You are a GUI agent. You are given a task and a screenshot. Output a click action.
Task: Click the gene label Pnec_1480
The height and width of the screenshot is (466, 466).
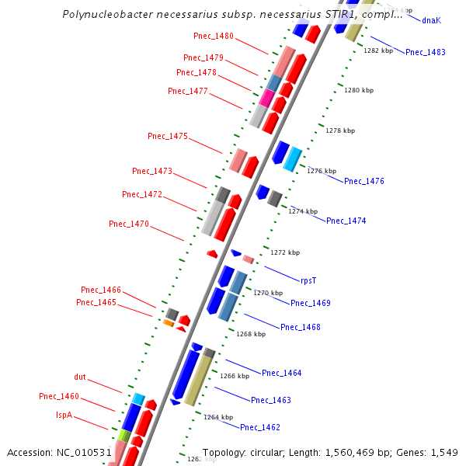click(x=214, y=37)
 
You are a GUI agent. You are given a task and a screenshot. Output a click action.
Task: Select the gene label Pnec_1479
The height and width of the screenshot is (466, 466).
click(x=203, y=57)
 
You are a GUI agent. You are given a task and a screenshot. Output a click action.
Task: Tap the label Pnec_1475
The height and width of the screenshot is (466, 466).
click(x=168, y=136)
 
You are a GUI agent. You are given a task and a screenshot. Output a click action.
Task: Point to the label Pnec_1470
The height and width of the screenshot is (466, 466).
click(x=129, y=224)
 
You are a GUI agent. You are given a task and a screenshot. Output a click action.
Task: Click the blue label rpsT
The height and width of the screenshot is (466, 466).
click(x=309, y=280)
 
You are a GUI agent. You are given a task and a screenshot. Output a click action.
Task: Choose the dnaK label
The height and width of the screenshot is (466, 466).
click(x=431, y=20)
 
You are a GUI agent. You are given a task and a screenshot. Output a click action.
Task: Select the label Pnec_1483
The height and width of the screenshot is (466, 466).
click(x=426, y=52)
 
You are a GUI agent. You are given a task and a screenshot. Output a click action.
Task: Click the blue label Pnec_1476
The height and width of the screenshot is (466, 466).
click(x=364, y=181)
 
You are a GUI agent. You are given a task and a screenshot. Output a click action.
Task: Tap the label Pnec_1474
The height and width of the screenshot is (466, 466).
click(x=346, y=221)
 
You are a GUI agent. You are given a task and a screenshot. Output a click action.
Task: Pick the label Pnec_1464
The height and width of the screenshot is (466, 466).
click(x=281, y=374)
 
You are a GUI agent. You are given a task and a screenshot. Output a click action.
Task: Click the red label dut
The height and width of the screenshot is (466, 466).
click(x=80, y=377)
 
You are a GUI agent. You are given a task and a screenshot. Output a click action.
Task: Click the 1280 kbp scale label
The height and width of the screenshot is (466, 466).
click(x=359, y=91)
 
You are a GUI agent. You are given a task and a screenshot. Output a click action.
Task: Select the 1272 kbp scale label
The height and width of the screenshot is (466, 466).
click(x=285, y=252)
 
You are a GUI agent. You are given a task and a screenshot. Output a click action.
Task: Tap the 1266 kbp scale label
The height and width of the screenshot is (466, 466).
click(x=235, y=376)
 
